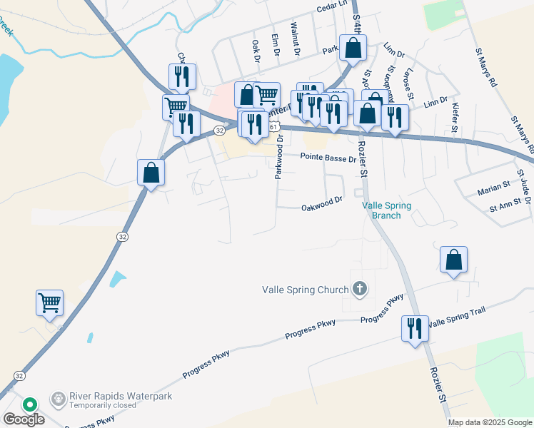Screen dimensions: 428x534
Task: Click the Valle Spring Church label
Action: click(306, 290)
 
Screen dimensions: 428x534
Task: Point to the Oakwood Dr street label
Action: click(323, 207)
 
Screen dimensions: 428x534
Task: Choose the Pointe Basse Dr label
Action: click(328, 158)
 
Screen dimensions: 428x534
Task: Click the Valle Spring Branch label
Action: click(386, 210)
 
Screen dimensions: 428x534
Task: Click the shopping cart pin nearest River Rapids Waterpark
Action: click(49, 303)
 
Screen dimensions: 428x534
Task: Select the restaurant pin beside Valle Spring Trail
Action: click(415, 329)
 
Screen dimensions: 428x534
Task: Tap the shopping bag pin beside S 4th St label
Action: click(353, 49)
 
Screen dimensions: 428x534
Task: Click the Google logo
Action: click(24, 419)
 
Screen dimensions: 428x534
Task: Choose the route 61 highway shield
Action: click(273, 126)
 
